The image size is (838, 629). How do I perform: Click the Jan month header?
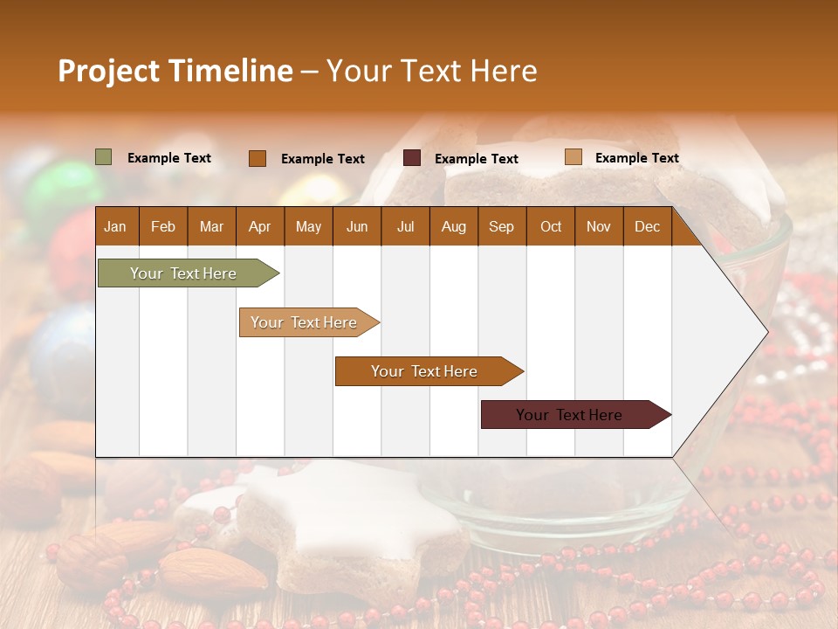point(115,226)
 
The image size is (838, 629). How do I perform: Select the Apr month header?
point(259,226)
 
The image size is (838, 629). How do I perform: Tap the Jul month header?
point(405,226)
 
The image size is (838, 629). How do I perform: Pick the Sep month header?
point(501,226)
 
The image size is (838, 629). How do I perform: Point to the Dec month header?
point(647,226)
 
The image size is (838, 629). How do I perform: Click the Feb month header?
point(163,226)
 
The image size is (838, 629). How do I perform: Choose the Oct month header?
point(551,226)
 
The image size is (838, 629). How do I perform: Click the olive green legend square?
point(104,157)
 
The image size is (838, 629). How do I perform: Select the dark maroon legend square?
point(412,158)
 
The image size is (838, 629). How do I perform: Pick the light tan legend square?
point(573,157)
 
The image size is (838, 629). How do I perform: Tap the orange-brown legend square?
point(258,158)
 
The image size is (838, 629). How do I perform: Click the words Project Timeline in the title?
point(175,71)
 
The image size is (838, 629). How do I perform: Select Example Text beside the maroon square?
point(476,159)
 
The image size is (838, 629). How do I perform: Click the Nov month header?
point(599,226)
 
